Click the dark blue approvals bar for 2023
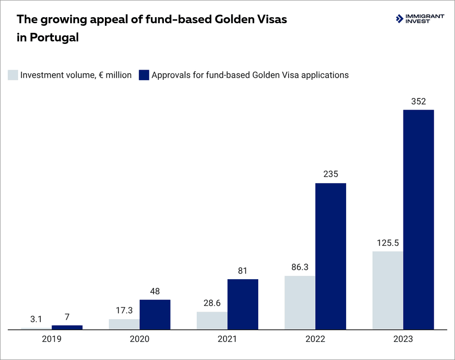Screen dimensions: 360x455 [x=418, y=220]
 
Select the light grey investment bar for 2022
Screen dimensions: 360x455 [x=300, y=302]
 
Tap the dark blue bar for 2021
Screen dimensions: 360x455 [x=243, y=304]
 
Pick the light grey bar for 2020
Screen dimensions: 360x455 [x=124, y=324]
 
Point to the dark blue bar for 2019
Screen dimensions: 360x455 [x=67, y=327]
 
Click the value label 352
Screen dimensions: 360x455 [x=418, y=101]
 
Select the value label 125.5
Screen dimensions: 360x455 [x=388, y=243]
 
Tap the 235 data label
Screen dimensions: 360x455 [x=330, y=175]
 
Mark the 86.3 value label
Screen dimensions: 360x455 [x=300, y=268]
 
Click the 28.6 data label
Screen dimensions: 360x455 [x=212, y=303]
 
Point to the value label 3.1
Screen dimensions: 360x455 [x=36, y=320]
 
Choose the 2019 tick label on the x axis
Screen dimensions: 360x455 [x=52, y=339]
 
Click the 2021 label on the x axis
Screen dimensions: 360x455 [x=227, y=339]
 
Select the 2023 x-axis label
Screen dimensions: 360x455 [x=403, y=339]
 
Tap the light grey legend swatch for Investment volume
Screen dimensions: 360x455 [x=13, y=75]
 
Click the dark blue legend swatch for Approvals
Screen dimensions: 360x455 [x=144, y=75]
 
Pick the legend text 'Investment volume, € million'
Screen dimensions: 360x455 [x=76, y=75]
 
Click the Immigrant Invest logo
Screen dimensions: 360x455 [x=420, y=19]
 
